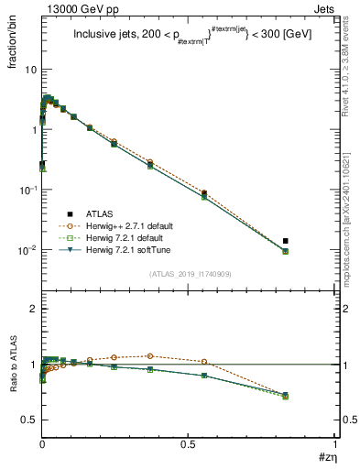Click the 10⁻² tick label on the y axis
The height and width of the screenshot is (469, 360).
coord(27,249)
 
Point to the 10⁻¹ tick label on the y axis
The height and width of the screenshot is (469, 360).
coord(27,190)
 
